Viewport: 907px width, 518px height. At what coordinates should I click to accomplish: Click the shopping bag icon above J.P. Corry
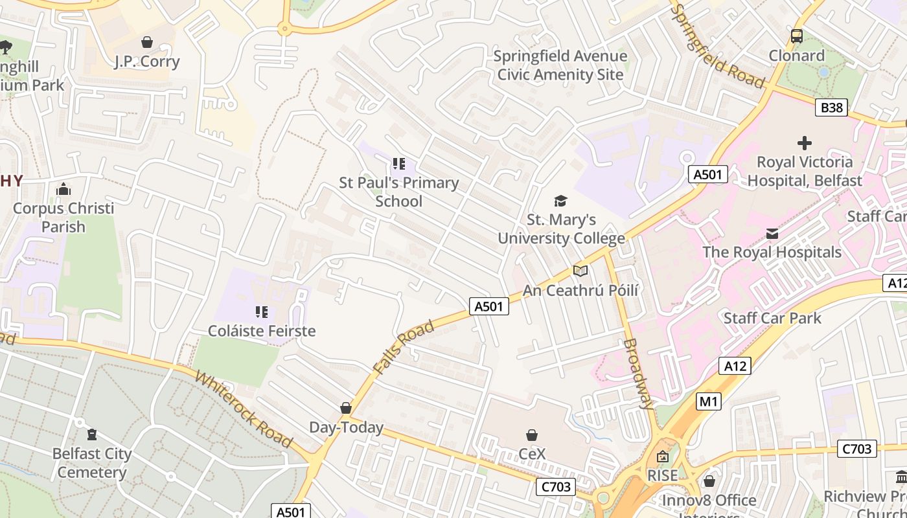pyautogui.click(x=147, y=42)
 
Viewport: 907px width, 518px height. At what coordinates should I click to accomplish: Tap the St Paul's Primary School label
pyautogui.click(x=398, y=192)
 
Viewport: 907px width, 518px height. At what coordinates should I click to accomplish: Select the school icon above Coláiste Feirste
pyautogui.click(x=262, y=312)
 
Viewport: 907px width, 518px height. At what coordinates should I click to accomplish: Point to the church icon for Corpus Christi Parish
pyautogui.click(x=63, y=189)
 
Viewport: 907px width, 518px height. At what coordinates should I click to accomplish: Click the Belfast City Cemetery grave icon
pyautogui.click(x=92, y=434)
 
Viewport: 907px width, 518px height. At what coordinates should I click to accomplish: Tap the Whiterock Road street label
pyautogui.click(x=243, y=410)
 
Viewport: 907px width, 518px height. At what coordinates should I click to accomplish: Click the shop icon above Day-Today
pyautogui.click(x=346, y=408)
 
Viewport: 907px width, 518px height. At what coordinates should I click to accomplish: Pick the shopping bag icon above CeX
pyautogui.click(x=532, y=434)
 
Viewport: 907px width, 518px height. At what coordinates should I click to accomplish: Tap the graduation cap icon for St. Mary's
pyautogui.click(x=560, y=201)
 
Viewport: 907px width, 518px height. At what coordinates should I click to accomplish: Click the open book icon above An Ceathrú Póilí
pyautogui.click(x=580, y=271)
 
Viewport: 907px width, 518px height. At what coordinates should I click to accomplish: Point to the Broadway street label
pyautogui.click(x=639, y=374)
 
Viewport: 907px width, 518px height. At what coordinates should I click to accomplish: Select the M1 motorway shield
pyautogui.click(x=709, y=401)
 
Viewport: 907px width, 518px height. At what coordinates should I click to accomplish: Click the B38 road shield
pyautogui.click(x=831, y=107)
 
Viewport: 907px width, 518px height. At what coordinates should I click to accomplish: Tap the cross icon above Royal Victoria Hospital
pyautogui.click(x=805, y=142)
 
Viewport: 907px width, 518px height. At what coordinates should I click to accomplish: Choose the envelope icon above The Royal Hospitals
pyautogui.click(x=772, y=233)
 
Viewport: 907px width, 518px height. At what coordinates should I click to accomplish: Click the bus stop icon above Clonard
pyautogui.click(x=797, y=36)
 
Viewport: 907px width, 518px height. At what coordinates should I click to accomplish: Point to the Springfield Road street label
pyautogui.click(x=717, y=46)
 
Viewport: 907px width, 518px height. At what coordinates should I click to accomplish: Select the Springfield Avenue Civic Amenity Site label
pyautogui.click(x=560, y=65)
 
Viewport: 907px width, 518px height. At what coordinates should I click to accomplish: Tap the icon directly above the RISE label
pyautogui.click(x=662, y=456)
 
